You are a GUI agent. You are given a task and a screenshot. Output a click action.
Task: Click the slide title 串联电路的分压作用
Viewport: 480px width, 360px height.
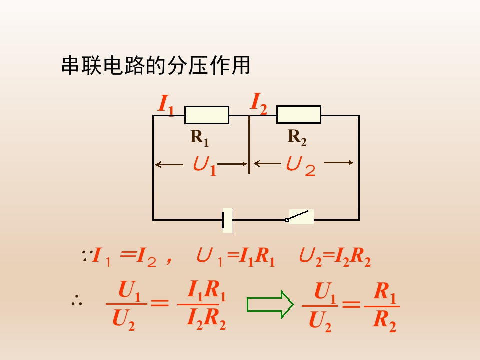click(155, 66)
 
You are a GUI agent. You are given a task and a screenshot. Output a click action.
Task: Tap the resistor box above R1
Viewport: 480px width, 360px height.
click(207, 115)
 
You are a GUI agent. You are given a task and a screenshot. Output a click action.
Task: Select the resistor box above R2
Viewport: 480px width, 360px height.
click(299, 114)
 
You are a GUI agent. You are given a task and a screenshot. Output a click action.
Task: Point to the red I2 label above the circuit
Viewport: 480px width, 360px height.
click(258, 103)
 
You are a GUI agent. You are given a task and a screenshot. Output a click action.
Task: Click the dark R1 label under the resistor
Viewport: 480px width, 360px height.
click(199, 137)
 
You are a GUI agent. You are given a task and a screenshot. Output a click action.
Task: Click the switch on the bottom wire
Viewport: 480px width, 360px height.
click(300, 217)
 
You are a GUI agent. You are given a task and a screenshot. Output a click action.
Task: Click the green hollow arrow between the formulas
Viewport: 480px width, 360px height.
click(270, 304)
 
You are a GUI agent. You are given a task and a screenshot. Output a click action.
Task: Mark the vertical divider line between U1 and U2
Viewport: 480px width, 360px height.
click(249, 145)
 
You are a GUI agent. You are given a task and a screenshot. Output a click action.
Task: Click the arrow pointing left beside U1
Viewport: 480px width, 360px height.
click(169, 163)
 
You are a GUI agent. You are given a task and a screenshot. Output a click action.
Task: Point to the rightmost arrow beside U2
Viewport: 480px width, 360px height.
click(339, 162)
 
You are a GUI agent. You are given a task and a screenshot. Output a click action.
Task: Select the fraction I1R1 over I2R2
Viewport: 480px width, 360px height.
click(206, 305)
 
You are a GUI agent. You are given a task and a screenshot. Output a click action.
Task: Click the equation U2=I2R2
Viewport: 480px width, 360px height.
click(335, 257)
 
